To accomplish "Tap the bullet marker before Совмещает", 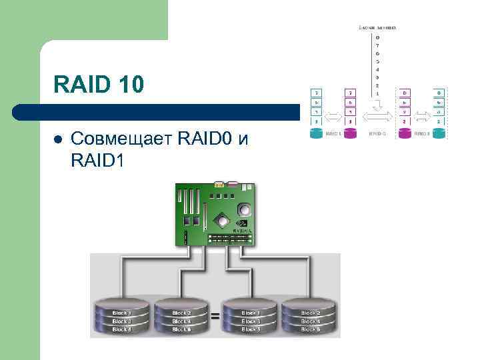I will tap(58, 139).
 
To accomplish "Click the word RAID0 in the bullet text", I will tap(207, 139).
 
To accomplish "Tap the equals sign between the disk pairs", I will tap(215, 317).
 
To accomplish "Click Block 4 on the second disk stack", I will tap(181, 321).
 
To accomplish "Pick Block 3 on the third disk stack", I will tap(250, 321).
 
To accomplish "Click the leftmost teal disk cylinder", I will tap(316, 133).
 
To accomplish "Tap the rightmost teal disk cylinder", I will tap(439, 133).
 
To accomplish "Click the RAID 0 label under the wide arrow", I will tap(377, 133).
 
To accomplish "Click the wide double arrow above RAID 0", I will tap(377, 117).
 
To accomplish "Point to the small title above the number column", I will tap(378, 27).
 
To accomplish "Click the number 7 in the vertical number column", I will tap(378, 45).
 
